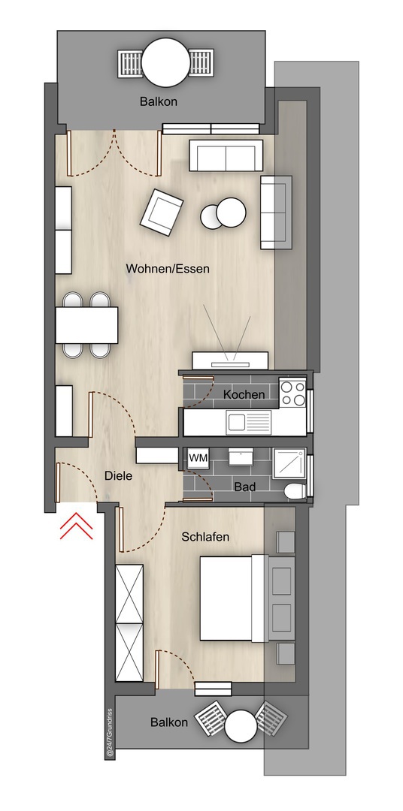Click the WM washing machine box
click(197, 458)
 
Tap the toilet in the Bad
click(295, 490)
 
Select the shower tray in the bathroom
click(289, 465)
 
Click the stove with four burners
click(292, 392)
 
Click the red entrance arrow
click(76, 526)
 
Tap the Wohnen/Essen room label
click(168, 269)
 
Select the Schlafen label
click(205, 538)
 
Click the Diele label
click(118, 475)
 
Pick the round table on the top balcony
click(166, 62)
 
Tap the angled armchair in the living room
click(162, 213)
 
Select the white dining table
click(86, 325)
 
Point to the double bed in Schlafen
click(234, 598)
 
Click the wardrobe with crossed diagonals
click(129, 623)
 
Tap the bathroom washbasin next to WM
click(241, 457)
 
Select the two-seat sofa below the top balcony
click(226, 155)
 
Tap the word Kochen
click(244, 395)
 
